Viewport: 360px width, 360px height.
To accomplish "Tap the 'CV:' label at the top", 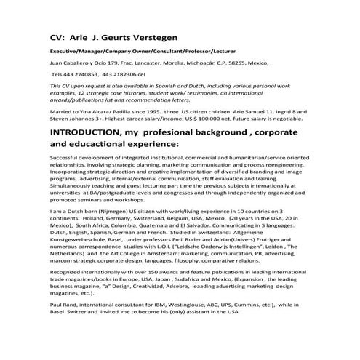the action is (x=60, y=35).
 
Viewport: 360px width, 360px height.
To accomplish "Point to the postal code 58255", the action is (x=244, y=63).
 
